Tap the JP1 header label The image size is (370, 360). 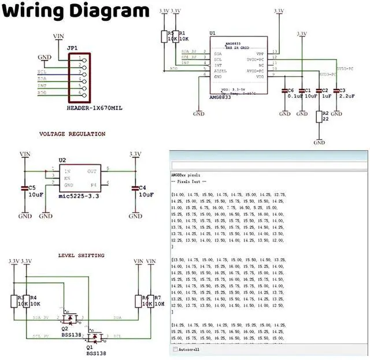72,48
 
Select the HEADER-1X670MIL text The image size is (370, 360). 95,108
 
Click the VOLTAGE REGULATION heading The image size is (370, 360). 72,134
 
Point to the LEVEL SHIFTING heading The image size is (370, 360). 82,255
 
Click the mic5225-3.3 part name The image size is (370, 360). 80,196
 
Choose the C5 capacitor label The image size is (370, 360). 32,188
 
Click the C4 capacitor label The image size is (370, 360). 143,188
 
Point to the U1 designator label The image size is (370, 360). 213,34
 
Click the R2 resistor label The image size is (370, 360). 325,114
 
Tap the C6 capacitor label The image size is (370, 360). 290,91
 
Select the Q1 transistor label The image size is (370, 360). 90,347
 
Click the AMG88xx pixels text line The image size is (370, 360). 186,174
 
